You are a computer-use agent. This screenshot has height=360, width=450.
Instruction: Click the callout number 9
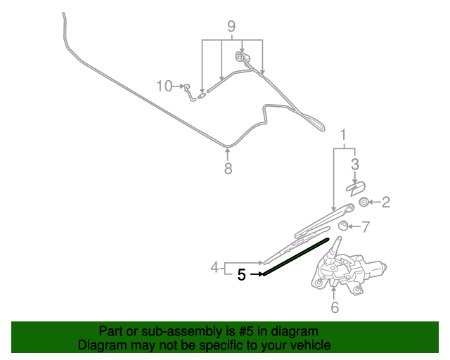(x=231, y=27)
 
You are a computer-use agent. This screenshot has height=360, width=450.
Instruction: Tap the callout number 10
(x=164, y=86)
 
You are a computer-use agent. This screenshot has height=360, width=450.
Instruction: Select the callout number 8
(x=228, y=168)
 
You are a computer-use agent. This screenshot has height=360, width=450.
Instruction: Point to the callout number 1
(x=343, y=135)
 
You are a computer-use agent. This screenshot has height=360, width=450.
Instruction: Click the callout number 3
(x=355, y=165)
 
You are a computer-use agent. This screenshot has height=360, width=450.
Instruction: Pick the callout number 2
(x=386, y=202)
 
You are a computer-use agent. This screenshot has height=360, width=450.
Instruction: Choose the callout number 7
(x=366, y=227)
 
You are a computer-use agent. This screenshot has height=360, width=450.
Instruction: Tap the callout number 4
(x=214, y=267)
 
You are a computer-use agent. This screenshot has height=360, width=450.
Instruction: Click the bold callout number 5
(x=241, y=275)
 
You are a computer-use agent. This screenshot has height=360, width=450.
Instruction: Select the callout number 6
(x=335, y=307)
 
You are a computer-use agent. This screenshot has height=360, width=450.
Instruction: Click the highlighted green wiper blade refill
(x=296, y=257)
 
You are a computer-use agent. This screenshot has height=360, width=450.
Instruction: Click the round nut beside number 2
(x=364, y=202)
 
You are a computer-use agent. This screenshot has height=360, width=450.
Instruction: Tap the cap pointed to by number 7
(x=343, y=226)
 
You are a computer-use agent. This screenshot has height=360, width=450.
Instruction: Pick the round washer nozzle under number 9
(x=240, y=57)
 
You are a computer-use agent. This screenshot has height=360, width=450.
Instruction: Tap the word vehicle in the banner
(x=310, y=345)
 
